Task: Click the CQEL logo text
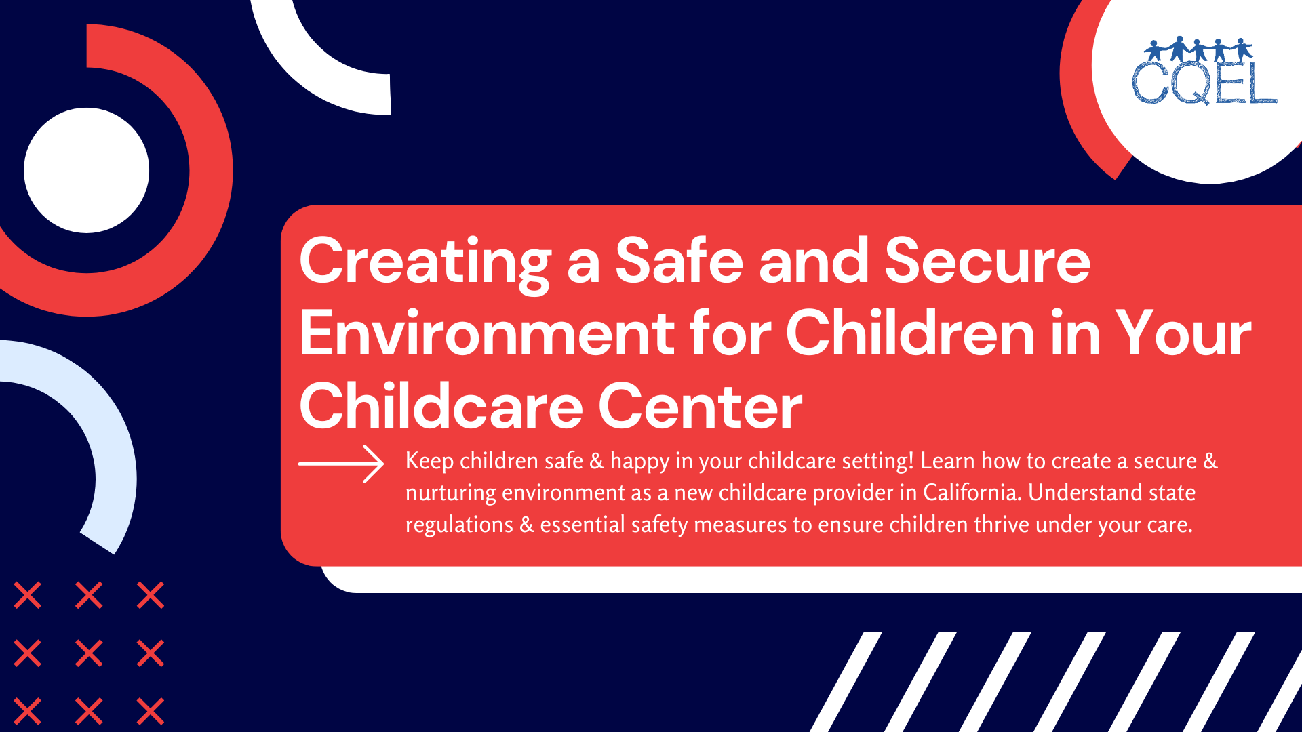click(x=1204, y=84)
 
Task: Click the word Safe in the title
click(x=679, y=261)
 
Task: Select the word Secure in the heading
click(x=987, y=261)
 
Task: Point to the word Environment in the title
click(x=486, y=333)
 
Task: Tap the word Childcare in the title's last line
click(x=441, y=407)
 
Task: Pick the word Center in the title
click(x=700, y=407)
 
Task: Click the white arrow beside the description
click(x=342, y=464)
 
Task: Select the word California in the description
click(x=971, y=493)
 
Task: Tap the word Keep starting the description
click(x=429, y=461)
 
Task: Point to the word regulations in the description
click(x=459, y=525)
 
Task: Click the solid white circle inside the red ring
click(x=87, y=170)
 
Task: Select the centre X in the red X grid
click(x=89, y=653)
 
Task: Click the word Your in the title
click(x=1183, y=333)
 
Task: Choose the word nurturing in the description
click(x=450, y=493)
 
